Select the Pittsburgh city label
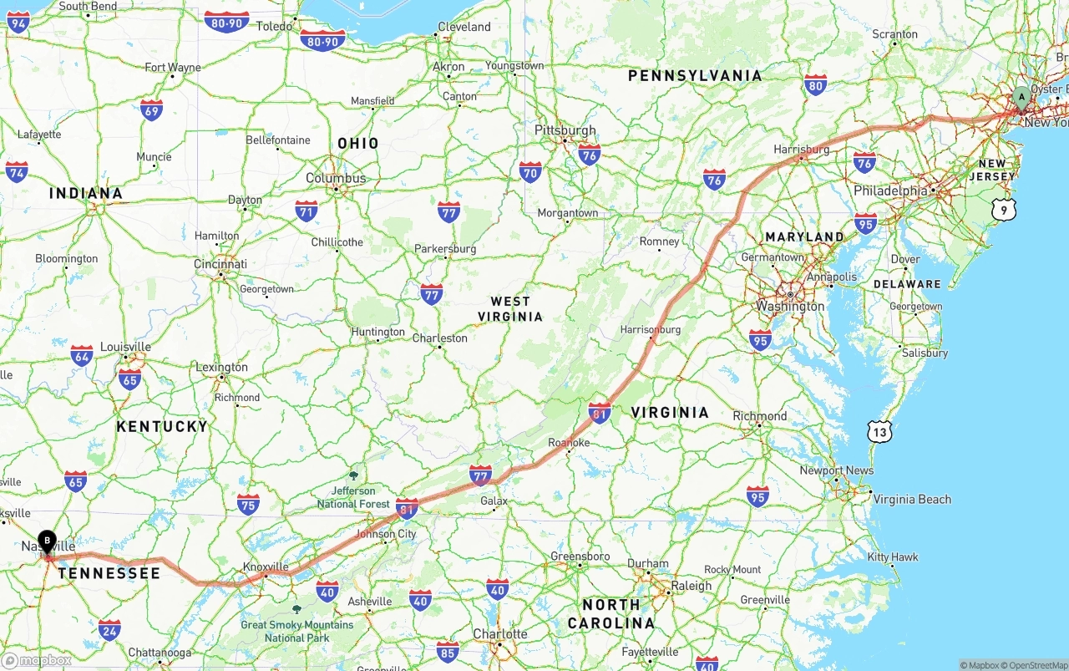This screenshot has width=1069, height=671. click(x=565, y=130)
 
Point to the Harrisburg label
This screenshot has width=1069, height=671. click(x=802, y=150)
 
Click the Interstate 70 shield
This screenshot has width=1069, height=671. click(x=530, y=172)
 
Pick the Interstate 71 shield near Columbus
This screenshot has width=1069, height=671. click(x=307, y=211)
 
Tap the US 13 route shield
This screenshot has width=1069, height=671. click(x=879, y=431)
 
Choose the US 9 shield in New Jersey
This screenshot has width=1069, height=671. click(x=1004, y=210)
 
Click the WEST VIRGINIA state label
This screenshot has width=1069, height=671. click(x=510, y=309)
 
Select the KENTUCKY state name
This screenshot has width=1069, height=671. click(x=162, y=426)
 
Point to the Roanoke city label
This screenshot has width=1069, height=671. click(x=569, y=443)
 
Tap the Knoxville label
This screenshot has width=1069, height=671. click(x=266, y=567)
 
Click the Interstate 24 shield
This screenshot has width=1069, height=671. click(x=109, y=629)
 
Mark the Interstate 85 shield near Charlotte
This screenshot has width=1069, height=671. click(x=448, y=651)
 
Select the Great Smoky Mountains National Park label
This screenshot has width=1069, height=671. click(x=297, y=631)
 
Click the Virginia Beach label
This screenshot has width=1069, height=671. click(x=912, y=500)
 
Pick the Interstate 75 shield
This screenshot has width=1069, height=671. click(x=248, y=504)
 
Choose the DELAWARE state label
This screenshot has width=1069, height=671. click(x=907, y=284)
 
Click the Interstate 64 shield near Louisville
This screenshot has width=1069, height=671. click(x=82, y=355)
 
